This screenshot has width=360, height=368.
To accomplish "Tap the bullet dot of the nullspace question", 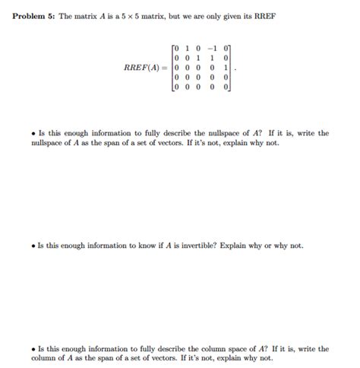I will [x=33, y=133].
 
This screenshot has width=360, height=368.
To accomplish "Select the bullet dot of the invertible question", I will [x=33, y=246].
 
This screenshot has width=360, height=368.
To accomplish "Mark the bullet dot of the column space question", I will [x=33, y=349].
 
